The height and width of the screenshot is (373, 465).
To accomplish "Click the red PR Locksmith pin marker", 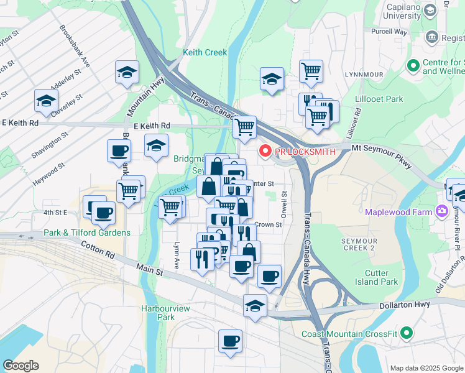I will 265,151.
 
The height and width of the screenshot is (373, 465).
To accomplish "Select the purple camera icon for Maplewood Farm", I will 443,211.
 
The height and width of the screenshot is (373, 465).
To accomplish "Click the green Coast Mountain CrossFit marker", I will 407,333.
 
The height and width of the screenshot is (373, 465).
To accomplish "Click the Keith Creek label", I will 205,53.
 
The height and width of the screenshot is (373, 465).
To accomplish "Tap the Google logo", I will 21,366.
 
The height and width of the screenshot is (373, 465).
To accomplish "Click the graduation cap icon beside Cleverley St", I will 46,100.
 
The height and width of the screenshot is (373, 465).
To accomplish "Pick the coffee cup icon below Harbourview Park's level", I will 230,341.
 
